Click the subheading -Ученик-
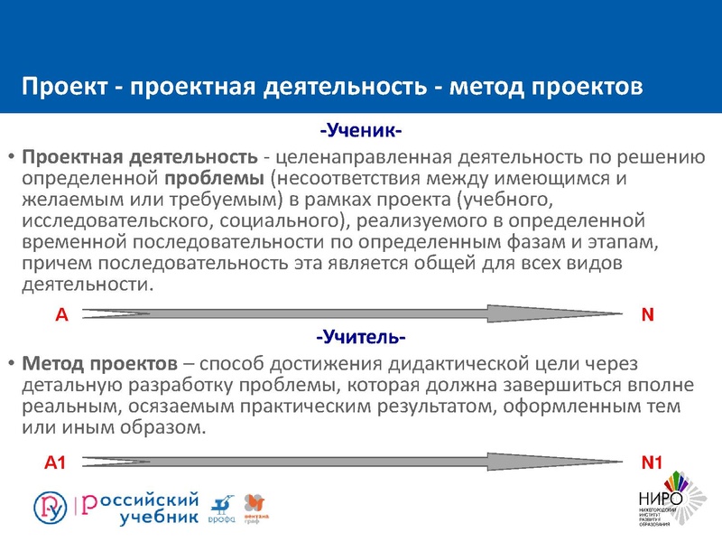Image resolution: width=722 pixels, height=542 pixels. (360, 129)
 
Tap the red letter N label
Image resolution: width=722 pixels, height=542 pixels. (647, 314)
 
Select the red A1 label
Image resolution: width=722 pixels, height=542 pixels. (57, 463)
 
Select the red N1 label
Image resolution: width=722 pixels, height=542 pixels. (653, 463)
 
